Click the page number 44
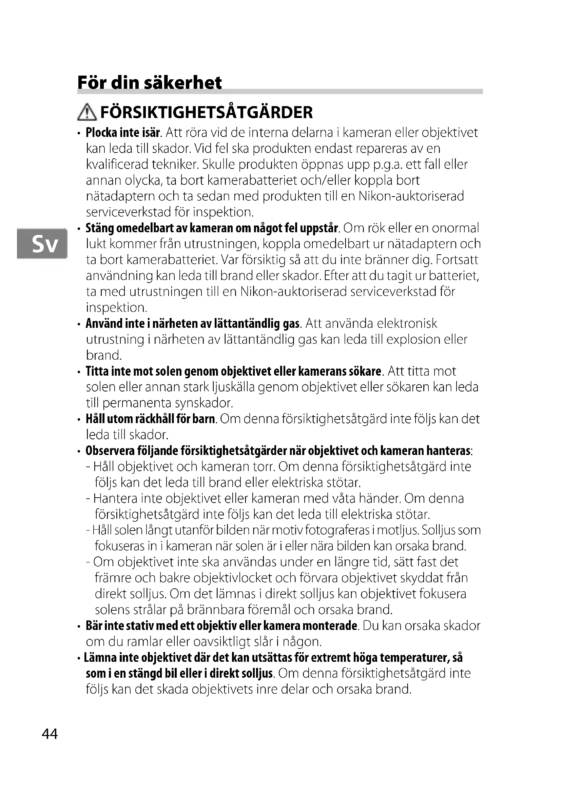(50, 734)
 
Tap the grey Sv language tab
(42, 243)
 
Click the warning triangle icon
(87, 113)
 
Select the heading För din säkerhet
(149, 82)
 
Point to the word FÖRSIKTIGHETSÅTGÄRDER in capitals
(206, 113)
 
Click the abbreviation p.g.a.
(389, 165)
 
